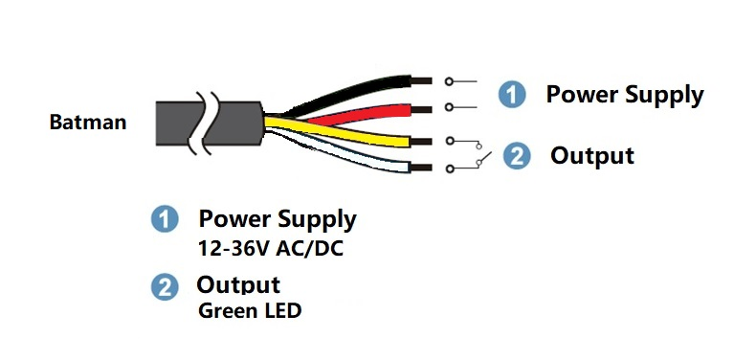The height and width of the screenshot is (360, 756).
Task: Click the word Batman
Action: pyautogui.click(x=88, y=123)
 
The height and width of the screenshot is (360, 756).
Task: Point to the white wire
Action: pyautogui.click(x=347, y=155)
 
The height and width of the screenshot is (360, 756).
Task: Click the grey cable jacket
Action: pyautogui.click(x=210, y=124)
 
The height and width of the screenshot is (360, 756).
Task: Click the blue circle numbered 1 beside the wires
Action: pyautogui.click(x=512, y=94)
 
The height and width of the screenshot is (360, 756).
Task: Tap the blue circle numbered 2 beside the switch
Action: pyautogui.click(x=517, y=156)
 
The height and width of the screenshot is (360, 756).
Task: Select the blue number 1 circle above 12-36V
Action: pyautogui.click(x=165, y=219)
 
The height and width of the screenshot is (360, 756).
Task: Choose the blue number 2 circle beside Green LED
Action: pyautogui.click(x=165, y=287)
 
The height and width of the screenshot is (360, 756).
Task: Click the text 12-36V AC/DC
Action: pyautogui.click(x=271, y=249)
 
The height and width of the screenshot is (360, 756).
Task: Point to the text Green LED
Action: pyautogui.click(x=250, y=310)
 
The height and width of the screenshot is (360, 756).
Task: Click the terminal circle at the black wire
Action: pyautogui.click(x=449, y=81)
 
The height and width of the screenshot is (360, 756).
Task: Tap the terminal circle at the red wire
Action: pyautogui.click(x=449, y=107)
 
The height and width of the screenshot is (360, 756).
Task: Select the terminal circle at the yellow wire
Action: pyautogui.click(x=450, y=141)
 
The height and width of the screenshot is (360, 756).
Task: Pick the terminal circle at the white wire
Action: pyautogui.click(x=450, y=169)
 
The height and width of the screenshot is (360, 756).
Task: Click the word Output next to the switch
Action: pyautogui.click(x=592, y=156)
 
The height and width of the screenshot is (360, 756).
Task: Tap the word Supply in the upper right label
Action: pyautogui.click(x=665, y=95)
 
